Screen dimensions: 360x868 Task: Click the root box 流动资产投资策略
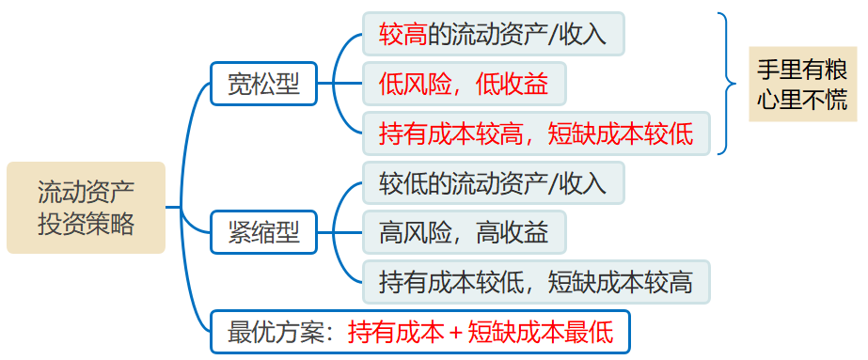[86, 208]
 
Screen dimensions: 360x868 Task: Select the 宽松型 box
[263, 85]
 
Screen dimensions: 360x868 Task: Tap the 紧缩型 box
[263, 232]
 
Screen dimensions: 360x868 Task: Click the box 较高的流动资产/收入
[493, 35]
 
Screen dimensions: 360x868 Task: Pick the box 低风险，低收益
[464, 85]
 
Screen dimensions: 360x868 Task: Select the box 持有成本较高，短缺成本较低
[536, 133]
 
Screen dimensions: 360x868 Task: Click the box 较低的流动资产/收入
[493, 183]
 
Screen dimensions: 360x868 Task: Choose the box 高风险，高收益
[464, 232]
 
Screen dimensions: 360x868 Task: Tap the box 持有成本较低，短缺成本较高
[536, 281]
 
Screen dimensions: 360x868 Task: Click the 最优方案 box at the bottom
[420, 332]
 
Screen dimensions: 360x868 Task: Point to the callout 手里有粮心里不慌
[802, 85]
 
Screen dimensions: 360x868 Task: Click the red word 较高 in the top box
[402, 35]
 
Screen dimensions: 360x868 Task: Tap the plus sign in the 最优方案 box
[455, 332]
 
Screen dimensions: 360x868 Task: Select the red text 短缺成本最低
[540, 332]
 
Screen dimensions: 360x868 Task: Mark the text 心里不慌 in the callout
[802, 100]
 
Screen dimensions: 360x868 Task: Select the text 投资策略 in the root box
[86, 224]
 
